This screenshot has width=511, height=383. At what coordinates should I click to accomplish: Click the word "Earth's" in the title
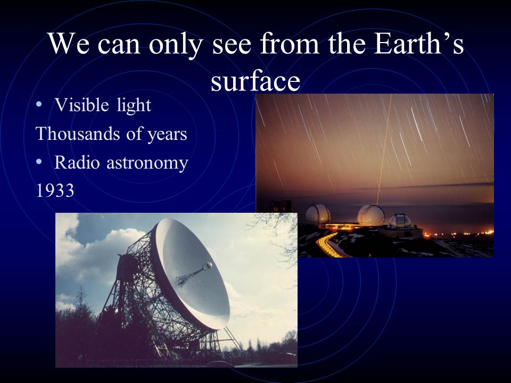coord(419,44)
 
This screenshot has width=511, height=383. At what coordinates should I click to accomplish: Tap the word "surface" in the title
coord(255,80)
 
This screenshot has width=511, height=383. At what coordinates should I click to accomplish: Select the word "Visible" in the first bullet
coord(81,105)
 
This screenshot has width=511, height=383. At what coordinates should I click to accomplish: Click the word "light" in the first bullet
coord(134,105)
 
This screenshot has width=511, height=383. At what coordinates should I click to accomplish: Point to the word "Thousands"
coord(77,134)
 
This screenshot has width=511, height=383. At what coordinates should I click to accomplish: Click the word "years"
coord(167,135)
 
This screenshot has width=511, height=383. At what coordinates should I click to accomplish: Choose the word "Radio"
coord(77,162)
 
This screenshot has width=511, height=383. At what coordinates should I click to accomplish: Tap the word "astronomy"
coord(147,163)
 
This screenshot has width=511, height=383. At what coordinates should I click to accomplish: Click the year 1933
coord(55,190)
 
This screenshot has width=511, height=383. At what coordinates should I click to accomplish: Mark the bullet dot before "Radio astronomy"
coord(39,162)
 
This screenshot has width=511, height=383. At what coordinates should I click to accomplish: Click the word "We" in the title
coord(69,44)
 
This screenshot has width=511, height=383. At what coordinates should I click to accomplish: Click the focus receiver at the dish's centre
coord(207,267)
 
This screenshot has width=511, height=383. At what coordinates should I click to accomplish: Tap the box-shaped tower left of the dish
coord(127,268)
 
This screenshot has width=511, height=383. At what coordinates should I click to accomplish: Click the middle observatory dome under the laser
coord(370,215)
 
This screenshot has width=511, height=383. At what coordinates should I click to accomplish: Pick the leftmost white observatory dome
coord(318,214)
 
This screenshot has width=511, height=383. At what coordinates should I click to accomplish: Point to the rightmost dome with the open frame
coord(400,221)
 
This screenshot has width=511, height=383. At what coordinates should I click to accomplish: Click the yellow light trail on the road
coord(327,245)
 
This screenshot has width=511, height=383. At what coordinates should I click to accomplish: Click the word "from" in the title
coord(289,44)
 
